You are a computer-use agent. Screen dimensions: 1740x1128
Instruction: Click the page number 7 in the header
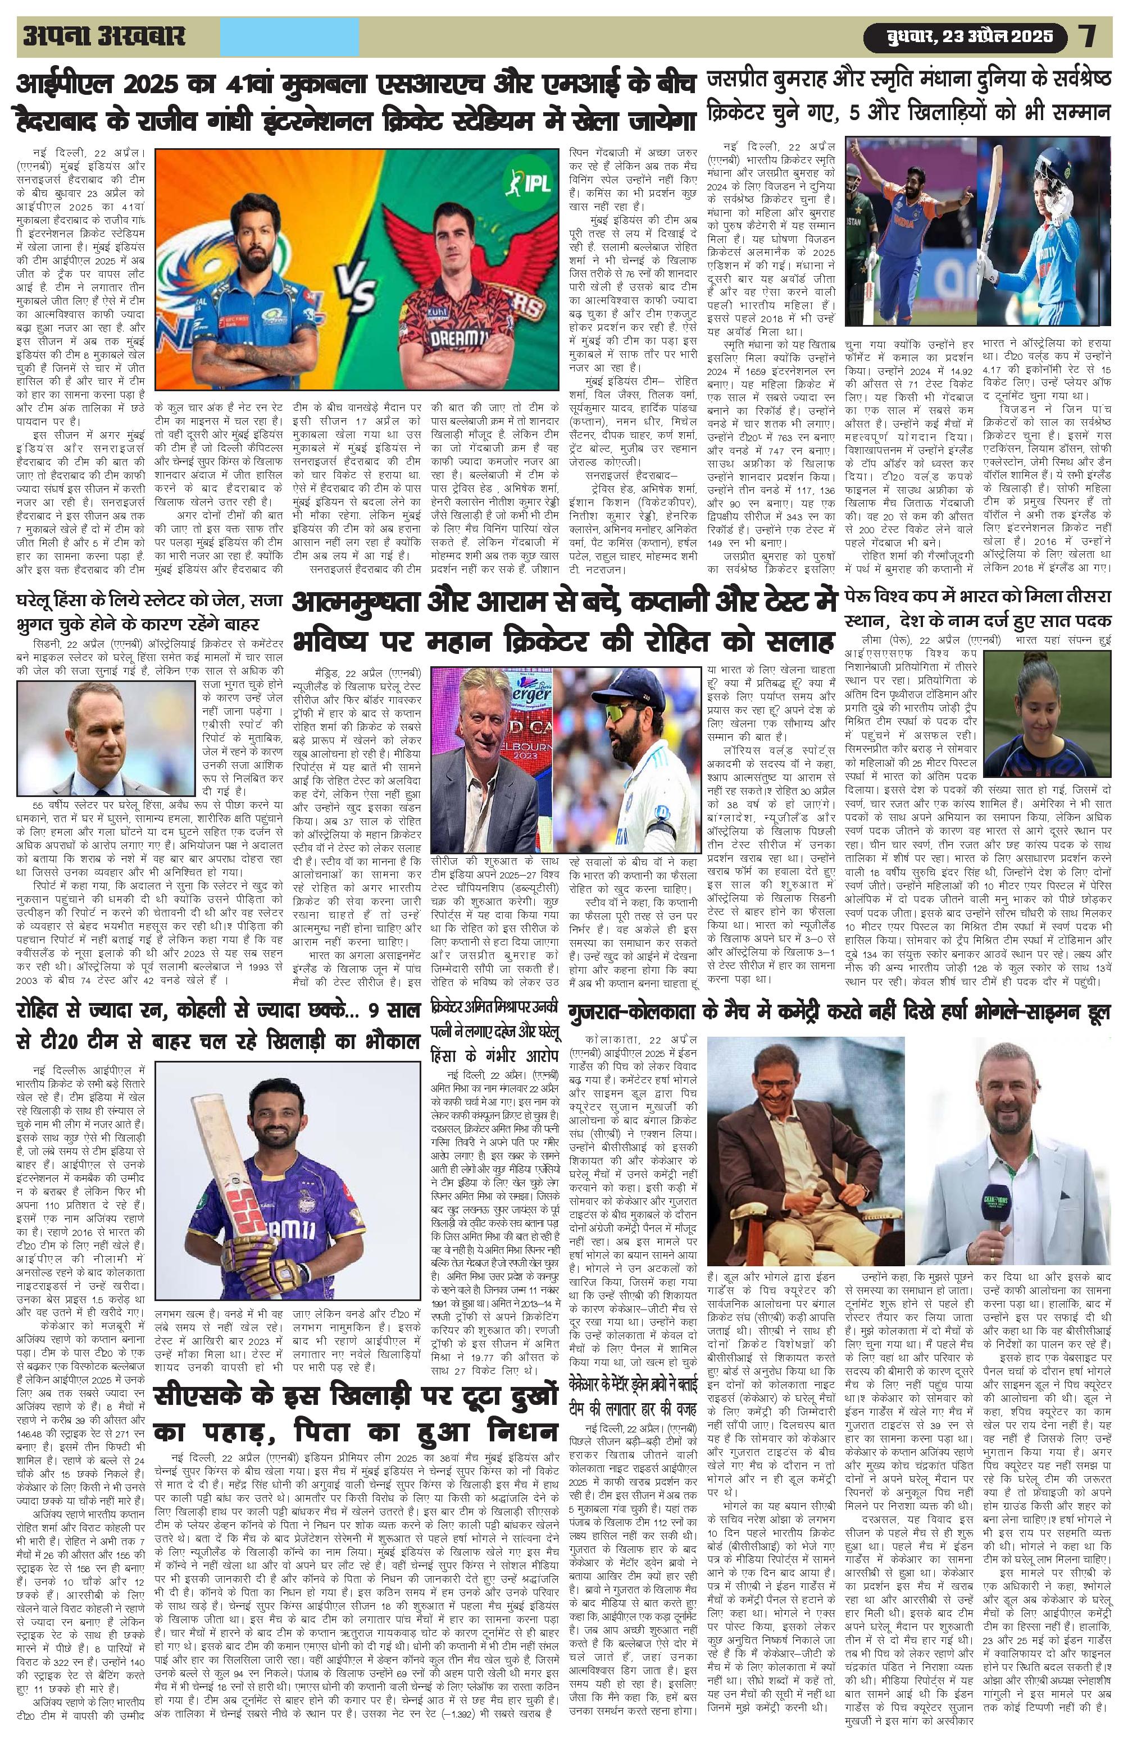click(x=1088, y=36)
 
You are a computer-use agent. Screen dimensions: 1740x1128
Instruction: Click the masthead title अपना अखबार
click(x=102, y=36)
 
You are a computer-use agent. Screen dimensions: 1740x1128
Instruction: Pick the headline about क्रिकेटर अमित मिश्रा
click(x=495, y=1032)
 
